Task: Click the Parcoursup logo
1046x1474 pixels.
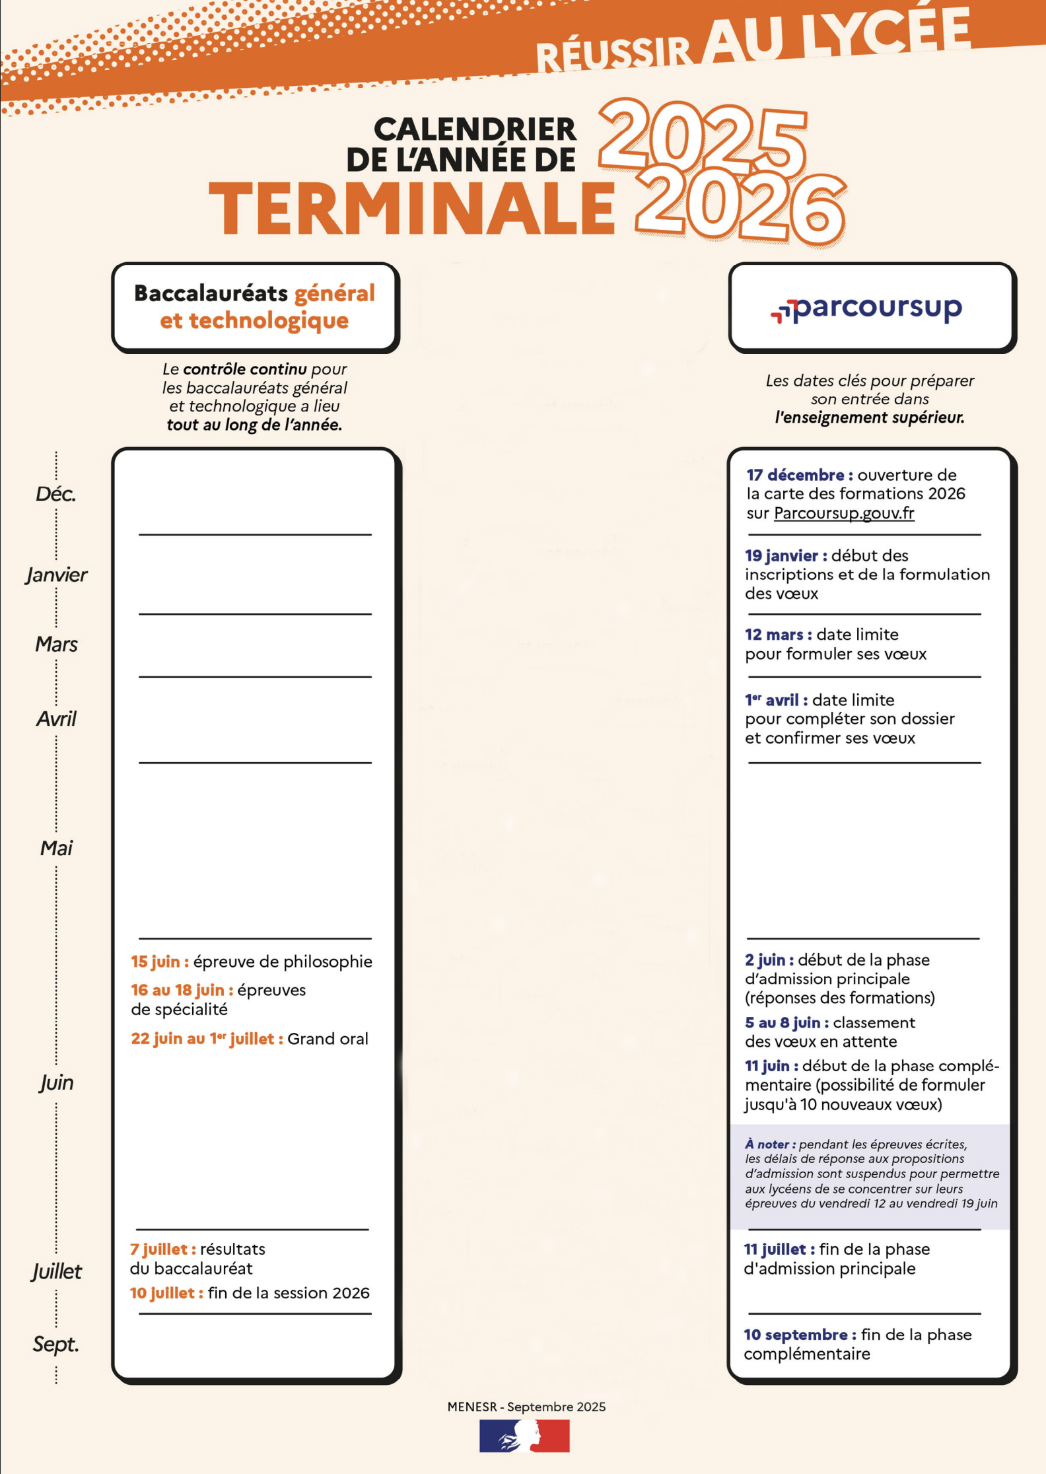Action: point(866,308)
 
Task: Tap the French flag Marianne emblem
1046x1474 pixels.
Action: point(524,1436)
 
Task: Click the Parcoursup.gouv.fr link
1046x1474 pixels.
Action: point(844,513)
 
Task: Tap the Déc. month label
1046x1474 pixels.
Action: point(56,494)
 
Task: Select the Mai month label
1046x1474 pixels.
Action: point(56,848)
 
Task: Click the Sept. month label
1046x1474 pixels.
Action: point(56,1344)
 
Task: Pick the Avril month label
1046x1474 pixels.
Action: point(56,719)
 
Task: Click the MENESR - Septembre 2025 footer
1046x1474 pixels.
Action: point(526,1407)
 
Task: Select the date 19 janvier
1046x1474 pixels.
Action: point(785,555)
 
